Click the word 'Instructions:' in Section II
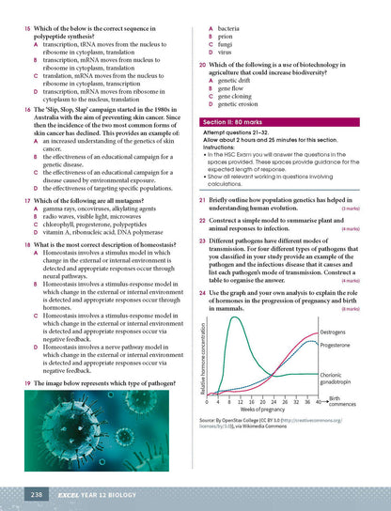(x=220, y=147)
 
